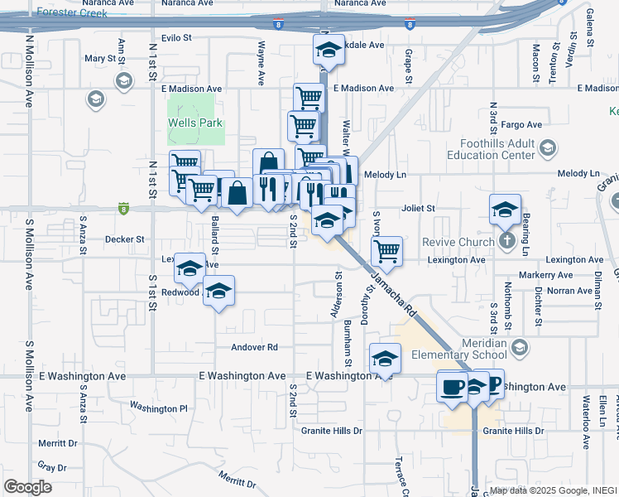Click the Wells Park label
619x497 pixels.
[191, 123]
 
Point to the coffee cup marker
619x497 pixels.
[452, 387]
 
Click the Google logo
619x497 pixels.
[27, 487]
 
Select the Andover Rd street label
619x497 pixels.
[254, 348]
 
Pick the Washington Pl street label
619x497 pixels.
[159, 408]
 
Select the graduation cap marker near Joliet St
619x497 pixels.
[505, 210]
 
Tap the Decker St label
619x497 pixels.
[125, 239]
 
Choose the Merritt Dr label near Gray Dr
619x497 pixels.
[58, 443]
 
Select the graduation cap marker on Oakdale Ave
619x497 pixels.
[329, 51]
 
